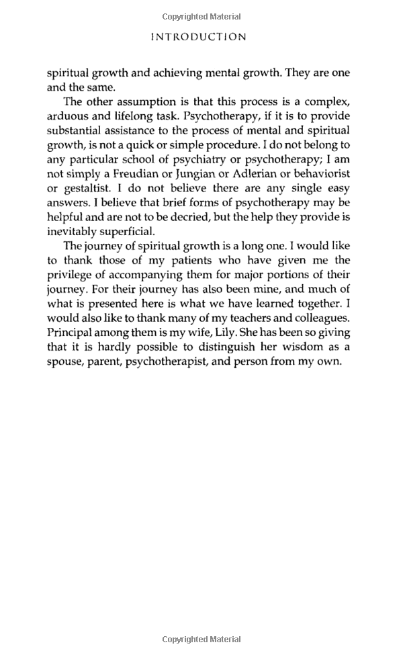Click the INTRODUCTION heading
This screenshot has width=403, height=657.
pyautogui.click(x=198, y=37)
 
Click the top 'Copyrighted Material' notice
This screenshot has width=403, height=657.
pyautogui.click(x=201, y=15)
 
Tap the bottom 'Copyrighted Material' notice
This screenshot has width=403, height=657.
pyautogui.click(x=201, y=640)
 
